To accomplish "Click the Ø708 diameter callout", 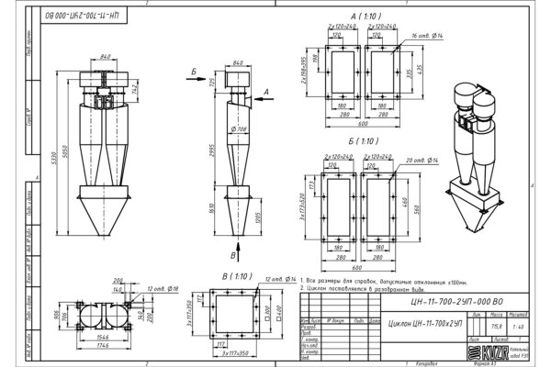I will click(242, 129).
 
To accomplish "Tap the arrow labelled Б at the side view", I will click(194, 71).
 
